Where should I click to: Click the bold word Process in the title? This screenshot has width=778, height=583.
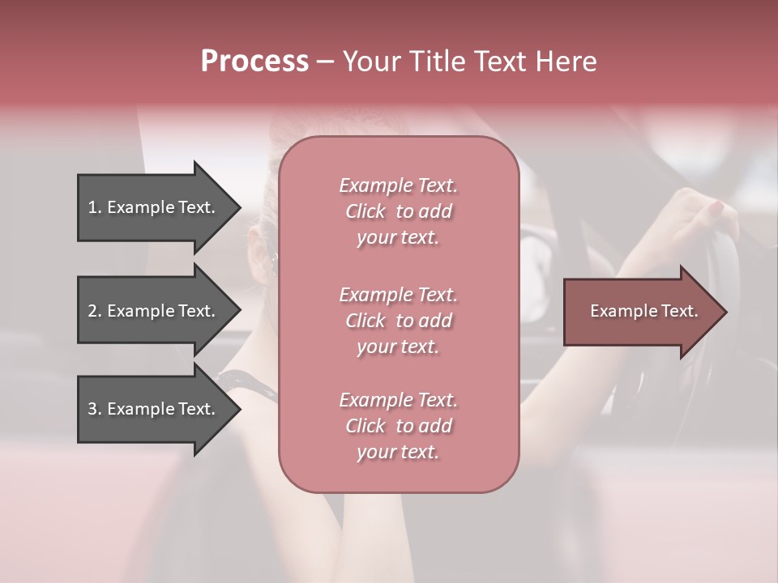[254, 62]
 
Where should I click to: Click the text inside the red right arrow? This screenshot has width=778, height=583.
[643, 311]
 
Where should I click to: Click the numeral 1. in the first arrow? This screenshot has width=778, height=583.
[94, 207]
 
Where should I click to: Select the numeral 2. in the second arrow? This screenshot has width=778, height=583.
[94, 311]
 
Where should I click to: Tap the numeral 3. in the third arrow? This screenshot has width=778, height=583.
[94, 409]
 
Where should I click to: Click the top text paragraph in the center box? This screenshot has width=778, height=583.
[398, 211]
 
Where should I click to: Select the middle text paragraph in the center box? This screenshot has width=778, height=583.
[398, 320]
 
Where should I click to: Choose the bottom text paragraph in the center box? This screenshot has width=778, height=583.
[398, 426]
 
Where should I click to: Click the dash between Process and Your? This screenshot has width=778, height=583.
[325, 62]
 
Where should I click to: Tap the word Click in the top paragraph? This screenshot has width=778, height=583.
[365, 211]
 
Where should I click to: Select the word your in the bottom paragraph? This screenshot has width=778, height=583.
[375, 452]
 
